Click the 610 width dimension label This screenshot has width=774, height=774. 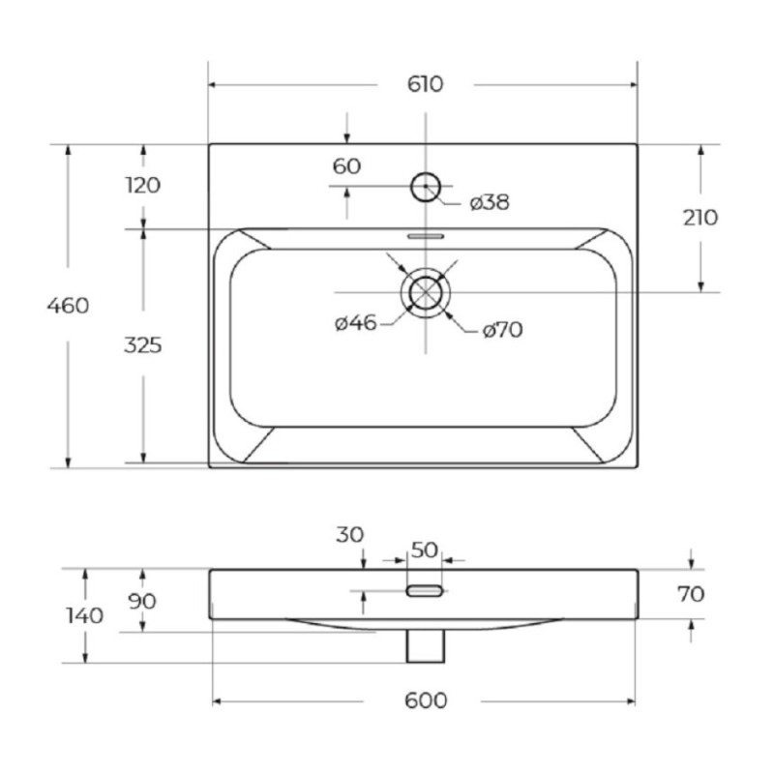click(x=425, y=84)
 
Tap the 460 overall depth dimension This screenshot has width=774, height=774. click(x=68, y=306)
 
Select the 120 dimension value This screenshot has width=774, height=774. click(x=142, y=185)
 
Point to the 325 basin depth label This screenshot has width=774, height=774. click(x=142, y=345)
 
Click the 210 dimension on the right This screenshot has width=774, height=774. click(x=700, y=218)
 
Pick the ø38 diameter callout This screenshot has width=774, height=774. click(x=490, y=202)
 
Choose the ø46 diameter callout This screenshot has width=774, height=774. click(x=355, y=323)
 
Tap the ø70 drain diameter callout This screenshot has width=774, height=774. click(x=502, y=330)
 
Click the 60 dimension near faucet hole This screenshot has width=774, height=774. click(x=346, y=166)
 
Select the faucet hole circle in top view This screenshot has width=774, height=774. click(x=426, y=173)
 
